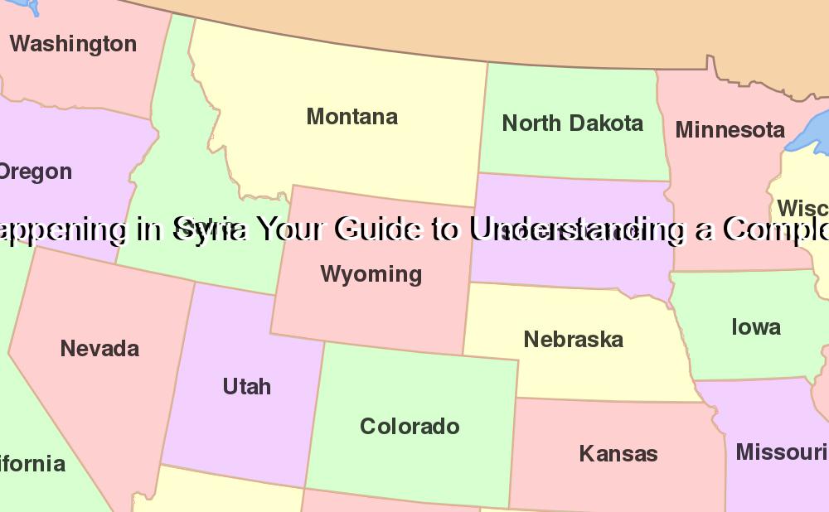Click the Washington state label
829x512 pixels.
(x=73, y=44)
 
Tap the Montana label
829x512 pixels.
(x=352, y=117)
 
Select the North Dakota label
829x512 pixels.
(x=573, y=123)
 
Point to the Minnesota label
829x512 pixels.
(x=730, y=130)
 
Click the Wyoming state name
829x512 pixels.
(x=371, y=274)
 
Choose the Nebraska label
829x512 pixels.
(x=574, y=340)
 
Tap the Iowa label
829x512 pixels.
(x=755, y=327)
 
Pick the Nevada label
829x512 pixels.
(x=99, y=349)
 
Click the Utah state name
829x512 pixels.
(x=247, y=387)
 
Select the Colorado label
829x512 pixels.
(x=410, y=427)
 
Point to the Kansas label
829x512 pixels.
(x=618, y=454)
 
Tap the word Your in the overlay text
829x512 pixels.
(x=291, y=229)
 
